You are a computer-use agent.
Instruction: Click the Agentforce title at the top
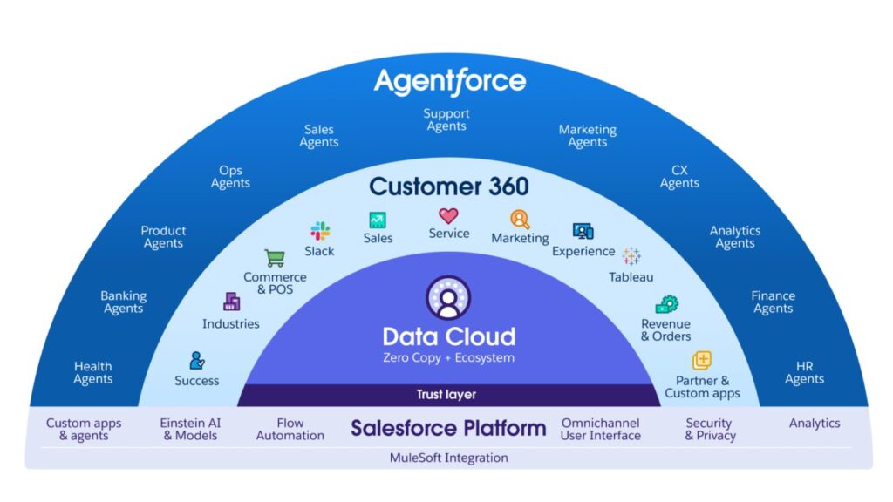pos(449,82)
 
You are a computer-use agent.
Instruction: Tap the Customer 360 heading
pos(448,187)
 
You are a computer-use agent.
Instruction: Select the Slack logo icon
pos(320,231)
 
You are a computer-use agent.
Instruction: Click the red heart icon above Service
pos(448,215)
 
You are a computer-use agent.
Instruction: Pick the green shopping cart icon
pos(275,258)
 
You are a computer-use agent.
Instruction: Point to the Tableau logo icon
pos(631,256)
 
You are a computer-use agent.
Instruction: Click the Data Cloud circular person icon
pos(448,298)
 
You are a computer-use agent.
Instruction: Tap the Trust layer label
pos(446,395)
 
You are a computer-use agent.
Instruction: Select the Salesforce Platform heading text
pos(448,428)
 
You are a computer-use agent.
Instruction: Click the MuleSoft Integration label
pos(448,458)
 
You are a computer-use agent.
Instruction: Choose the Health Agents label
pos(92,373)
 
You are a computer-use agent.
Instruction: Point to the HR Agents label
pos(804,373)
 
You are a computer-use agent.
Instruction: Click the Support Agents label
pos(446,119)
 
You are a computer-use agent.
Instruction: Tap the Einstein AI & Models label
pos(190,429)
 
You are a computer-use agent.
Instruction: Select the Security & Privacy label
pos(709,429)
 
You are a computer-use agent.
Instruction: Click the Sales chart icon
pos(378,220)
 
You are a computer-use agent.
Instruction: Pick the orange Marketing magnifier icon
pos(520,220)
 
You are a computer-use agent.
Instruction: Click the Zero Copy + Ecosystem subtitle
pos(448,357)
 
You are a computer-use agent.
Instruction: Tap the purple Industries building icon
pos(231,302)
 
